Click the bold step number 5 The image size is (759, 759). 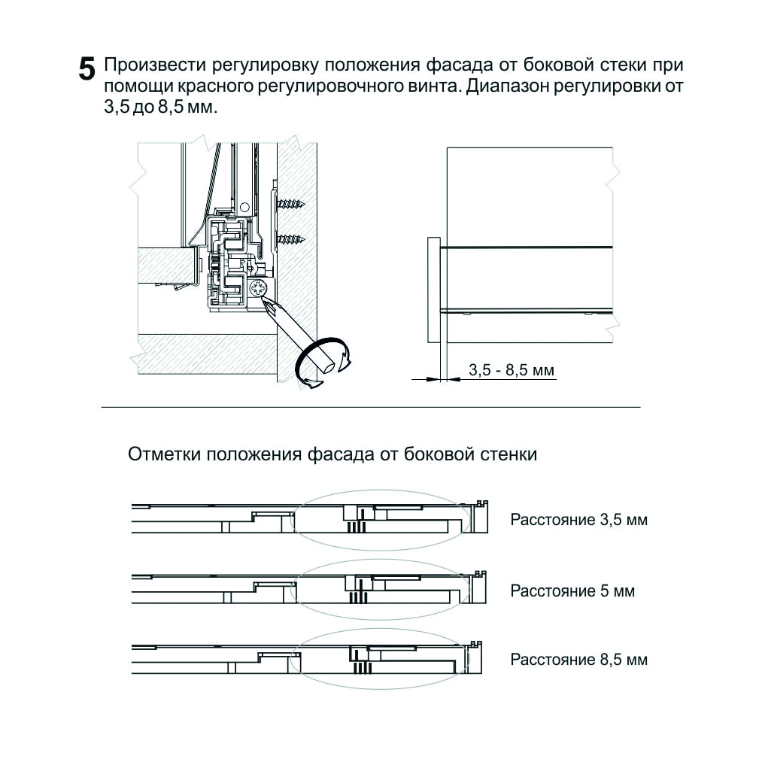[x=87, y=70]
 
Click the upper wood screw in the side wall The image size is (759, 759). [x=290, y=203]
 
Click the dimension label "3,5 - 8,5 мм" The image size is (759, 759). [x=511, y=370]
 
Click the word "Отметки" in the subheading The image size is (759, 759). [x=165, y=454]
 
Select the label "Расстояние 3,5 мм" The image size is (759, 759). [x=578, y=520]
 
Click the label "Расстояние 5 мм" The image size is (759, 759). [x=572, y=591]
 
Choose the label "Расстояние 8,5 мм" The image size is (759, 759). [x=578, y=660]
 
